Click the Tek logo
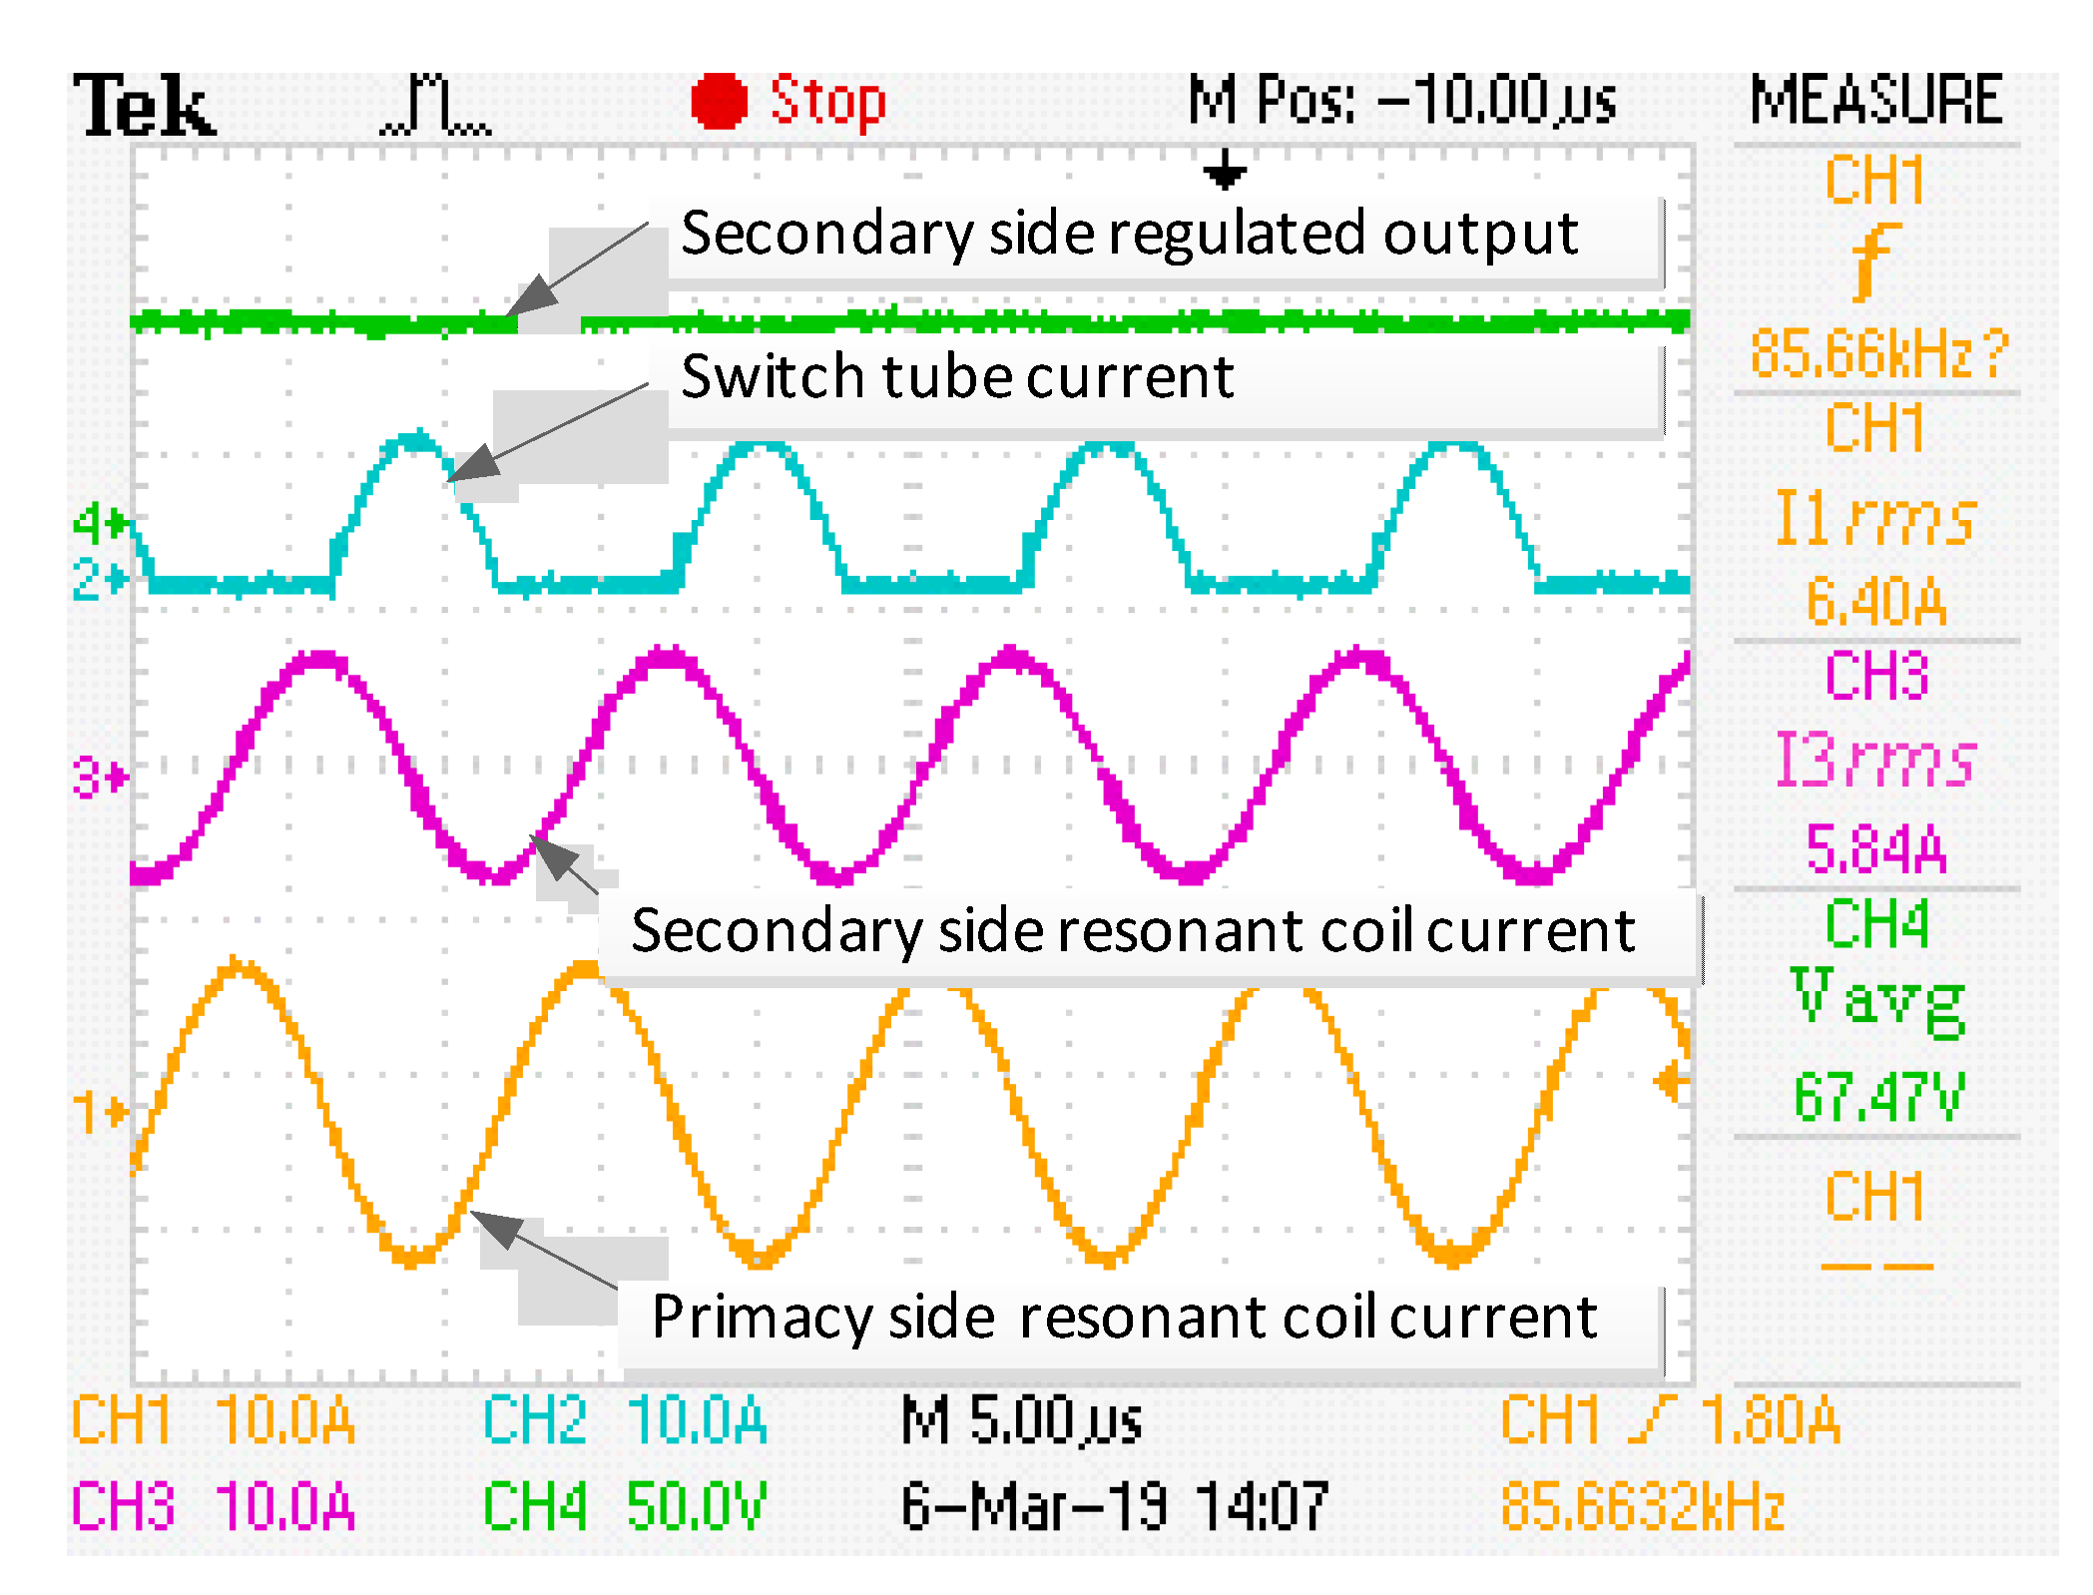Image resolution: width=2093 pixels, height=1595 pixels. tap(145, 105)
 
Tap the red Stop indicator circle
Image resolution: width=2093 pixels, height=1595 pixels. tap(719, 102)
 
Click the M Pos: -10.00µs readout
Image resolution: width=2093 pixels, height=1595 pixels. tap(1401, 101)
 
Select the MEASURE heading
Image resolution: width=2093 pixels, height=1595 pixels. tap(1875, 101)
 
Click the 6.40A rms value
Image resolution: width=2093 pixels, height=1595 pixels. tap(1876, 602)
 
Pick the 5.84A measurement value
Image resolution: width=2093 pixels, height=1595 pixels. tap(1876, 849)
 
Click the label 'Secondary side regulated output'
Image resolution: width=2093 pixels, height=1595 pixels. tap(1129, 235)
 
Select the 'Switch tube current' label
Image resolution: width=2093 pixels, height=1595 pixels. tap(957, 377)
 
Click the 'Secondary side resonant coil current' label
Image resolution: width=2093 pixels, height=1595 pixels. tap(1133, 931)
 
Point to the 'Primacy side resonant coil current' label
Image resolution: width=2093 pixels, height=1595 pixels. tap(1124, 1317)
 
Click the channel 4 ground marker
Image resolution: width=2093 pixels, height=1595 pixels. tap(101, 522)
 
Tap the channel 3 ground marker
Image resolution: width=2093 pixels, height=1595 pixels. tap(101, 777)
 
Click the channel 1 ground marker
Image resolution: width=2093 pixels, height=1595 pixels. tap(101, 1111)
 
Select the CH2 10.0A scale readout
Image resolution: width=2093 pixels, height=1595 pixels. tap(625, 1420)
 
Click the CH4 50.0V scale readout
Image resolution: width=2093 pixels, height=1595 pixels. tap(625, 1506)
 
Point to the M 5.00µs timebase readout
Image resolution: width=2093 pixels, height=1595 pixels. tap(1021, 1420)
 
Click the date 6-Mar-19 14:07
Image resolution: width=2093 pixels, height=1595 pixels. tap(1114, 1506)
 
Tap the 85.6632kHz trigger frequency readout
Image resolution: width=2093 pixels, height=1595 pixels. tap(1643, 1506)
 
